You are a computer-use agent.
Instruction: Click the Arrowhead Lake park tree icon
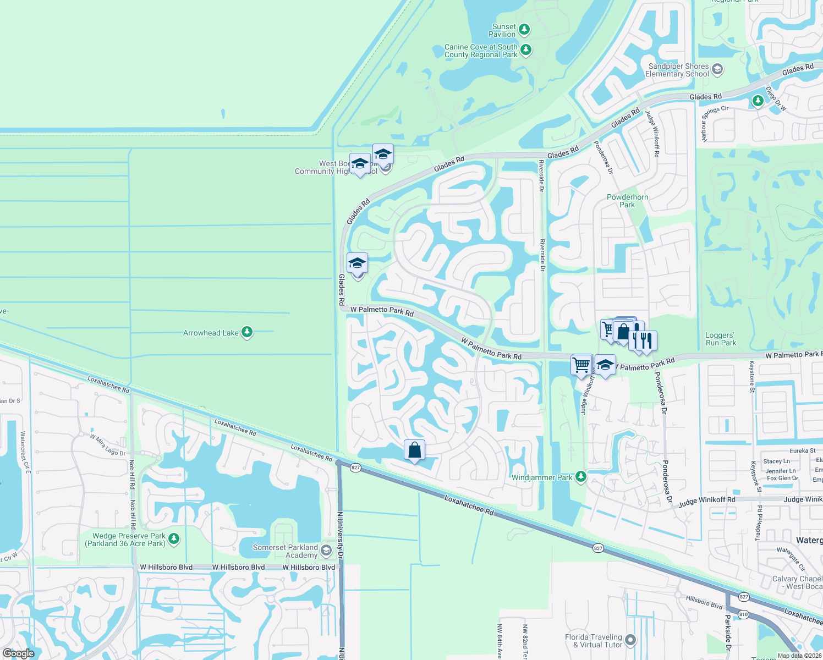[x=247, y=332]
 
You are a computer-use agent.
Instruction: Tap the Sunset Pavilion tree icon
[x=524, y=29]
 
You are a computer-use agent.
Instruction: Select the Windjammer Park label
[x=542, y=477]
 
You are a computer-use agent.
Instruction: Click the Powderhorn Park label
[x=627, y=201]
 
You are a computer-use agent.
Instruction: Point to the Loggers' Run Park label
[x=721, y=339]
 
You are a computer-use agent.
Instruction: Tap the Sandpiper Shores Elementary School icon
[x=717, y=70]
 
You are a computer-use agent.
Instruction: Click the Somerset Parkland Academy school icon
[x=326, y=550]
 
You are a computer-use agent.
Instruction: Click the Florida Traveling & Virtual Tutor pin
[x=630, y=640]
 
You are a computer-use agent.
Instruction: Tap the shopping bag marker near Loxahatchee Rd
[x=414, y=450]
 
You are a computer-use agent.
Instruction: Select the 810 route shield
[x=743, y=614]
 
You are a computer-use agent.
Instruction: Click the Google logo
[x=19, y=653]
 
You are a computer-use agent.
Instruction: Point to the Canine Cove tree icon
[x=526, y=50]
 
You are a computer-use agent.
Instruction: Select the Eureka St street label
[x=803, y=451]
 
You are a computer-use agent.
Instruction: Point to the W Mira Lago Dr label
[x=108, y=445]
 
